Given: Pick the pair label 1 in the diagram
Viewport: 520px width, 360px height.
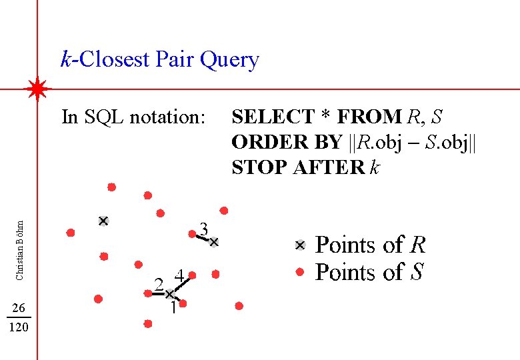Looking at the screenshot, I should [x=173, y=308].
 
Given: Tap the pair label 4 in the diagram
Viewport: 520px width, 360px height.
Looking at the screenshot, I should [x=179, y=275].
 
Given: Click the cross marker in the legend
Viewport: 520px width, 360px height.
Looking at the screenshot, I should [x=300, y=245].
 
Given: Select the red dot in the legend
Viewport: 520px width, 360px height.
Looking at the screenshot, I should [x=300, y=272].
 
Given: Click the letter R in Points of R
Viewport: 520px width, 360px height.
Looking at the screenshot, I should [x=417, y=245].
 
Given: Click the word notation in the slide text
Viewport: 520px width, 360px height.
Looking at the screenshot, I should [x=168, y=117].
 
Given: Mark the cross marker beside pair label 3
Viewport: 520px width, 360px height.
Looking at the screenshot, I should [x=214, y=243].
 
